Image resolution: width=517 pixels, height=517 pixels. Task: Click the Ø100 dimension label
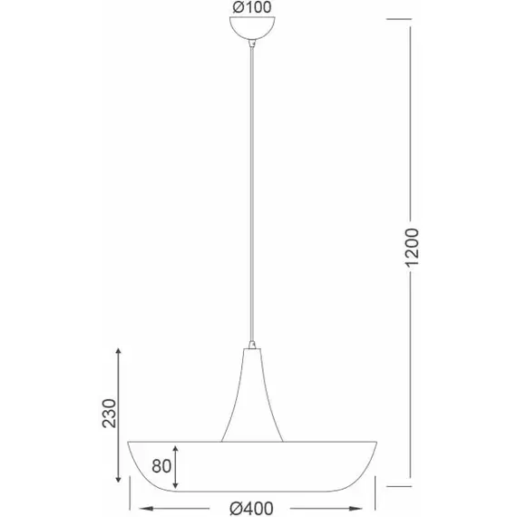pos(251,9)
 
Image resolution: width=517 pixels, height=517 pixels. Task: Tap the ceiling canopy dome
pos(251,31)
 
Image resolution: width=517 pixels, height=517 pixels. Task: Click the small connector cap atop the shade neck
pos(251,346)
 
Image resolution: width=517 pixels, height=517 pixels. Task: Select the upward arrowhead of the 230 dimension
pos(116,350)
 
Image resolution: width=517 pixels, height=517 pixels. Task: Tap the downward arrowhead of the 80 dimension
pos(178,486)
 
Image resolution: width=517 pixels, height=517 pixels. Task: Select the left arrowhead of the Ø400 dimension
pos(134,507)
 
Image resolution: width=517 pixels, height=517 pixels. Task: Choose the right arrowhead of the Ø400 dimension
pos(376,507)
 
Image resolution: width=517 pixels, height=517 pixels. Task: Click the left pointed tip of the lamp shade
pos(128,443)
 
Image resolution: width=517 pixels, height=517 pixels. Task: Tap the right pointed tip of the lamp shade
pos(378,443)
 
